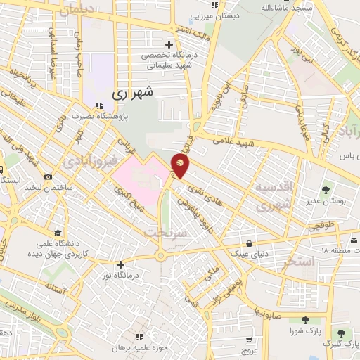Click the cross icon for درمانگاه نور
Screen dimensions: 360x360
121,265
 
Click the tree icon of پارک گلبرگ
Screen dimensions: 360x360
341,333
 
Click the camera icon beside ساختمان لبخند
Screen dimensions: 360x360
48,176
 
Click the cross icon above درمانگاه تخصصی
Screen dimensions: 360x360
169,44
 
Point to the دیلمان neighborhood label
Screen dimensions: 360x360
76,11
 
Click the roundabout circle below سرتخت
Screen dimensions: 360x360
160,256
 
